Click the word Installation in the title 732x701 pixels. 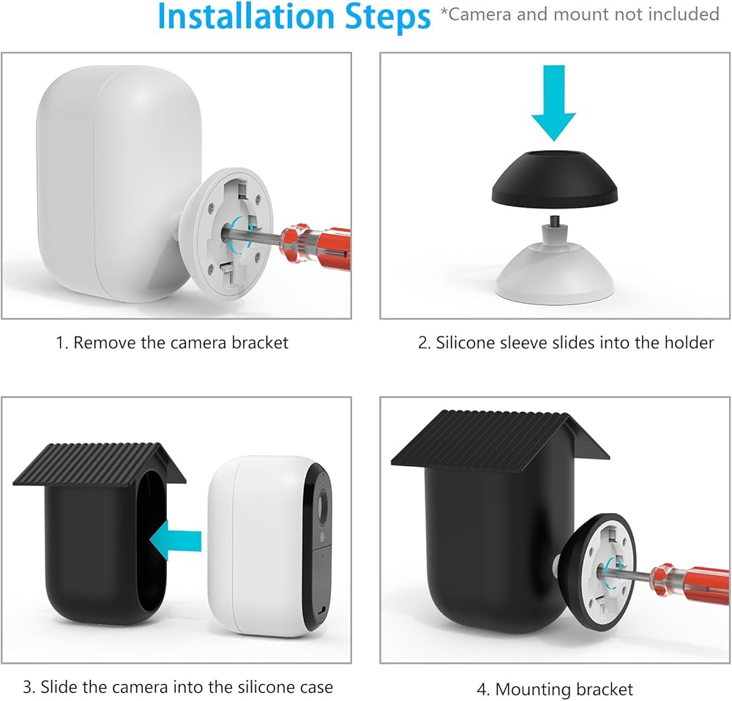(247, 16)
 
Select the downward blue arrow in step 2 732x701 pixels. (553, 102)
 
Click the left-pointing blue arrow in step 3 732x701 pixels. (175, 541)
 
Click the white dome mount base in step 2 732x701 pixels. (555, 271)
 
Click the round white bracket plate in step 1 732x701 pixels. (234, 233)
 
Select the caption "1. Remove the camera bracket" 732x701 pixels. (172, 343)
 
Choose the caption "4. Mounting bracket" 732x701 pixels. (555, 689)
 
